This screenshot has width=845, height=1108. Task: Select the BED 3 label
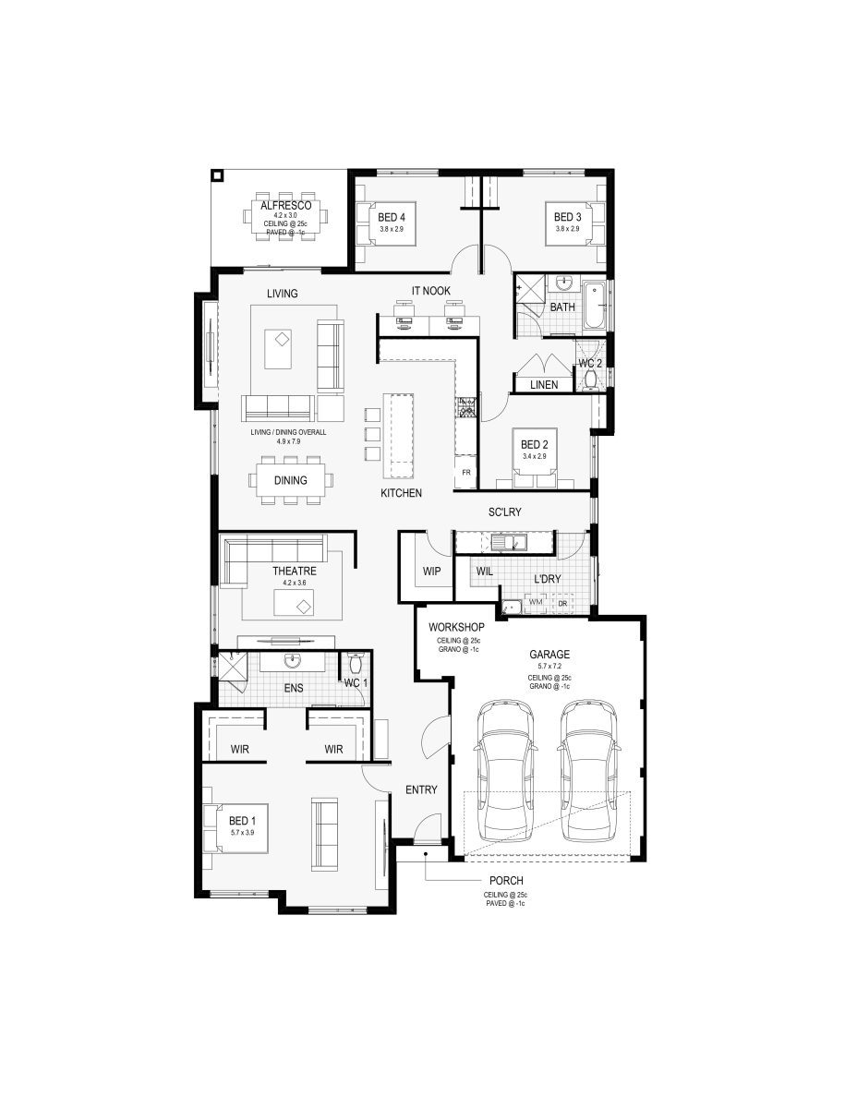coord(566,217)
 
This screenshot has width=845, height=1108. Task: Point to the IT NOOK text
coord(430,291)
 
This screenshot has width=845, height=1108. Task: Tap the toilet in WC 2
coord(592,379)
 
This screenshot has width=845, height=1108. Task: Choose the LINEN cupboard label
coord(544,384)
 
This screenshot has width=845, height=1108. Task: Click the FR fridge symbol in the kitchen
coord(466,473)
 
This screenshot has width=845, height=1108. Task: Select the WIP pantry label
coord(431,572)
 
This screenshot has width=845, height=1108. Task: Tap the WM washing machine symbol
coord(536,603)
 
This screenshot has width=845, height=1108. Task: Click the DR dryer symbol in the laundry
coord(562,603)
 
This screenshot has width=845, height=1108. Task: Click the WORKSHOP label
coord(456,628)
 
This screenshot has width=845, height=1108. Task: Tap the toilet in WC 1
coord(355,667)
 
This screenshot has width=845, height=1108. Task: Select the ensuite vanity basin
coord(293,661)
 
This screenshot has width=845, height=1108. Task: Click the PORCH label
coord(506,881)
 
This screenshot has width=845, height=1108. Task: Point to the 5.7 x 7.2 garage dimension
coord(549,666)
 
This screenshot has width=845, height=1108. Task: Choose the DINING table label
coord(291,480)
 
